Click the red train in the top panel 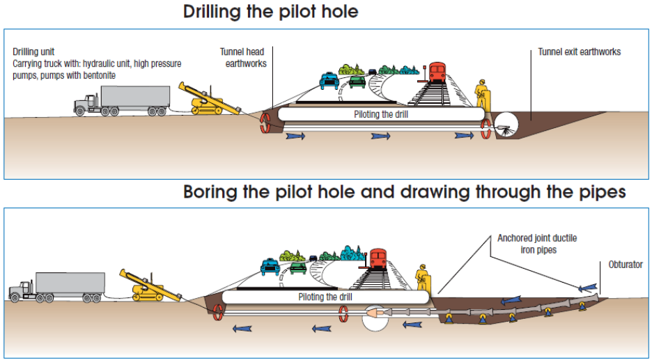[437, 72]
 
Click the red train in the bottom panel [378, 258]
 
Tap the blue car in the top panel [329, 81]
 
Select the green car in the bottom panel [298, 267]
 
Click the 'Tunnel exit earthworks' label [580, 52]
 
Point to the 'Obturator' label [626, 265]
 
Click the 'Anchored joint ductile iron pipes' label [537, 244]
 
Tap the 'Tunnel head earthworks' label [242, 58]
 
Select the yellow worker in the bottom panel [424, 278]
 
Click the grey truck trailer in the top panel [135, 95]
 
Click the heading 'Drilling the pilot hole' [270, 11]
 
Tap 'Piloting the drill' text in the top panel [381, 114]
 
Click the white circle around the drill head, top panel [506, 125]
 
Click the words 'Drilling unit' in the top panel [33, 52]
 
